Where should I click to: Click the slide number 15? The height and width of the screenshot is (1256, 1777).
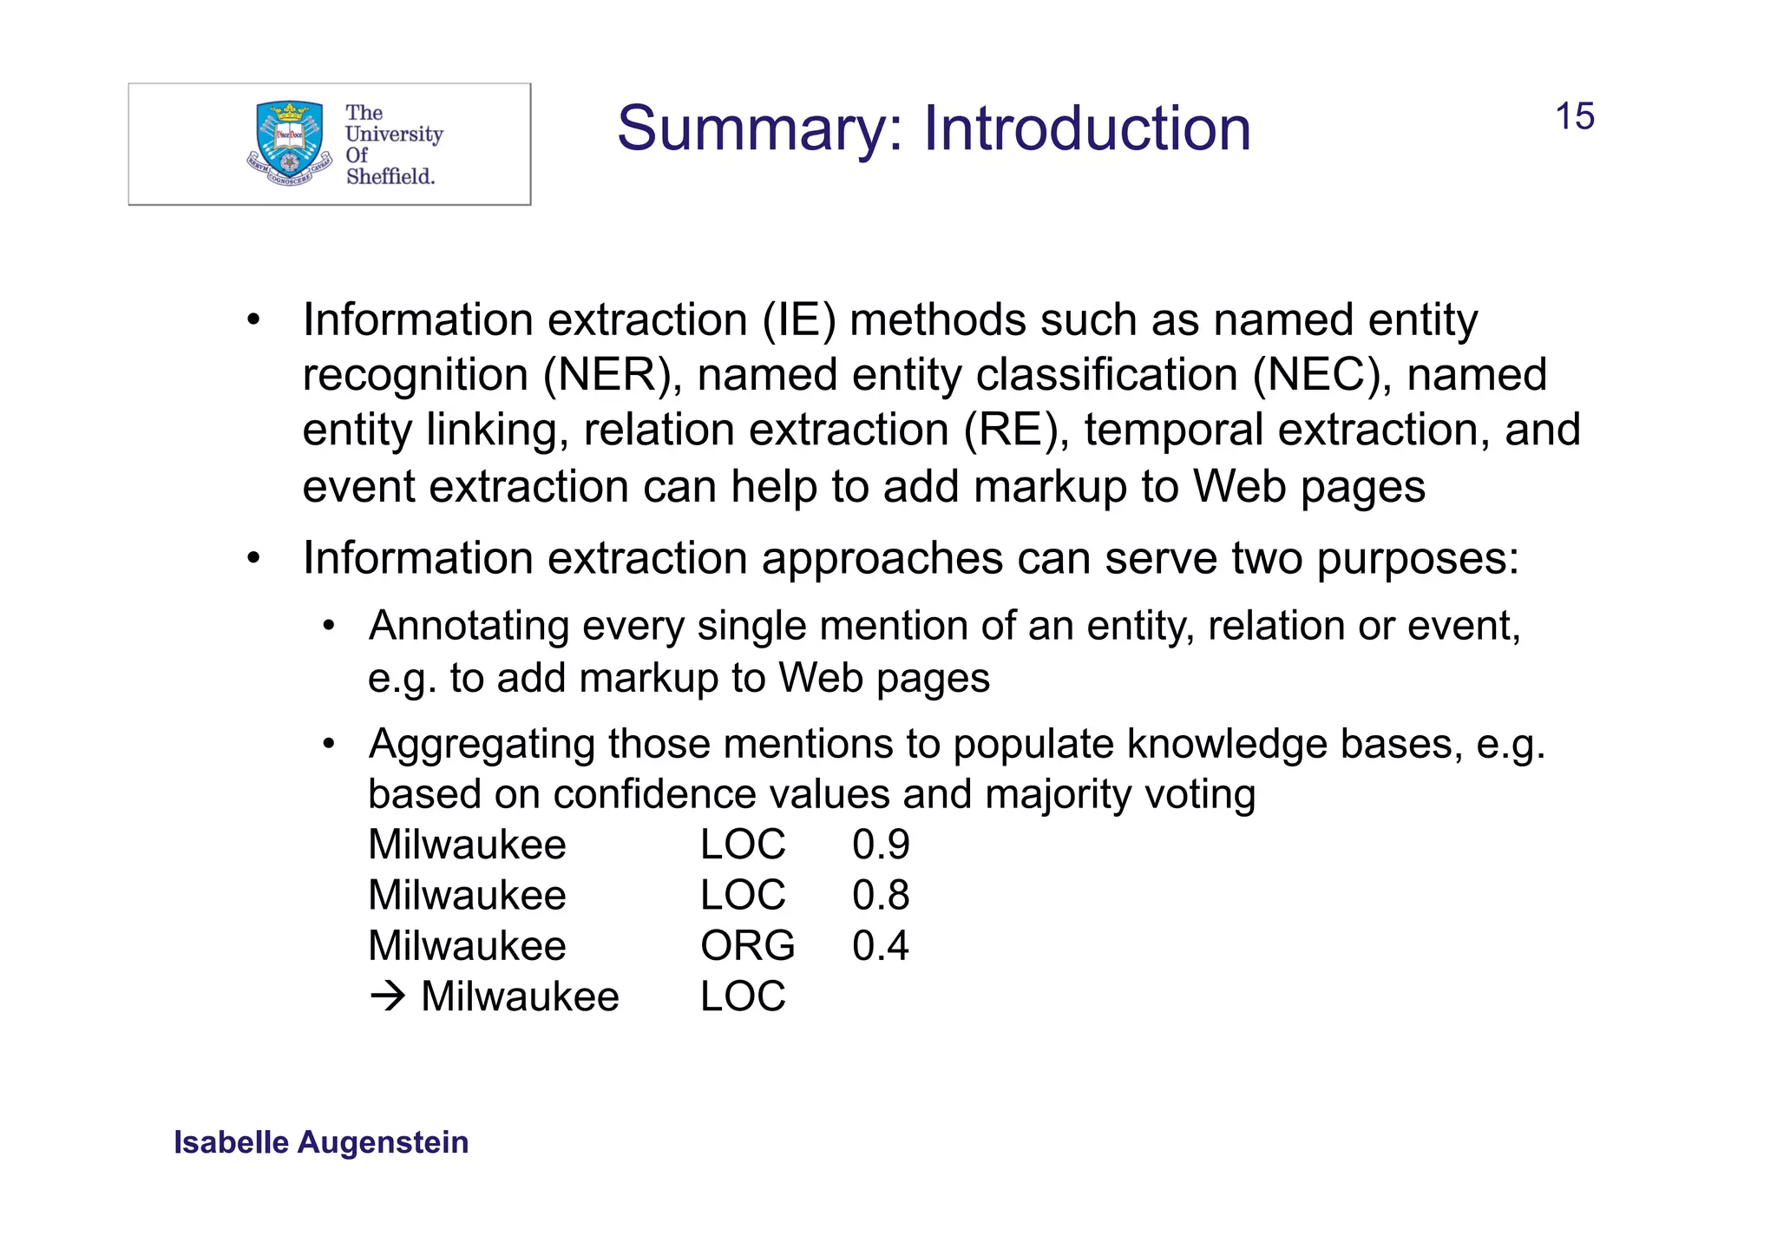coord(1574,117)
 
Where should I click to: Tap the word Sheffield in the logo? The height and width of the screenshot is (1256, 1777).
coord(390,176)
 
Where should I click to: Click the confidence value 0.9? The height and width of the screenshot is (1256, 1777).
coord(880,845)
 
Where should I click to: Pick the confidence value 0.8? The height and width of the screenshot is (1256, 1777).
coord(880,895)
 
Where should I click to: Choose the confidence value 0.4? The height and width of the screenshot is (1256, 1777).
coord(880,945)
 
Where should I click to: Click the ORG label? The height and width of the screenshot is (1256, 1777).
coord(747,945)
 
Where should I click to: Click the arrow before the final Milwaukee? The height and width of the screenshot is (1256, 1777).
coord(387,996)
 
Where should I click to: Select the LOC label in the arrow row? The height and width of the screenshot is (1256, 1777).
coord(743,996)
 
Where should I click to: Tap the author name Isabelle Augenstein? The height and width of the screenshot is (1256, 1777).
coord(321,1142)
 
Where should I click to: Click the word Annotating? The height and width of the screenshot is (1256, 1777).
coord(469,626)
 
